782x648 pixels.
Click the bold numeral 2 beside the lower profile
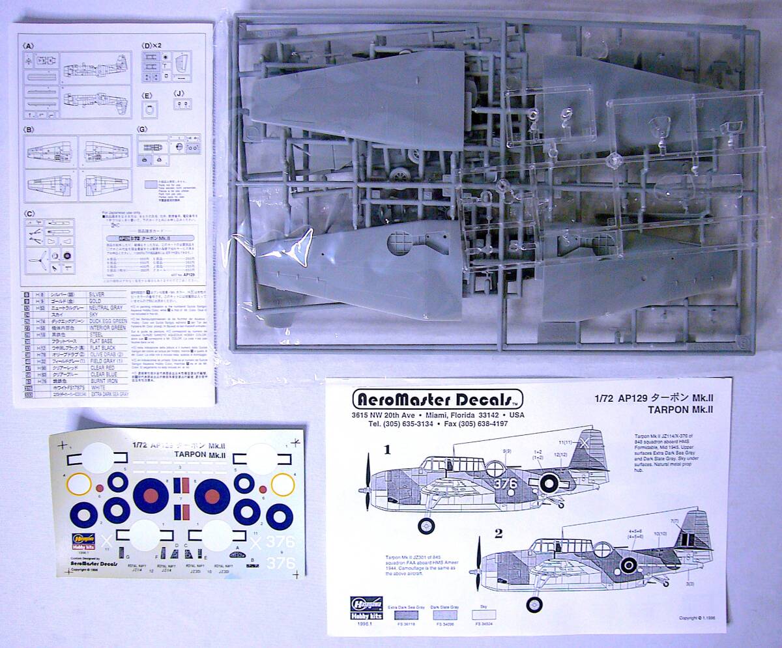coord(499,533)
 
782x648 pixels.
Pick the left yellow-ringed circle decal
coord(79,484)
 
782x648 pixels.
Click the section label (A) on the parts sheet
coord(28,46)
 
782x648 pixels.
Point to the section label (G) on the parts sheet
coord(142,130)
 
